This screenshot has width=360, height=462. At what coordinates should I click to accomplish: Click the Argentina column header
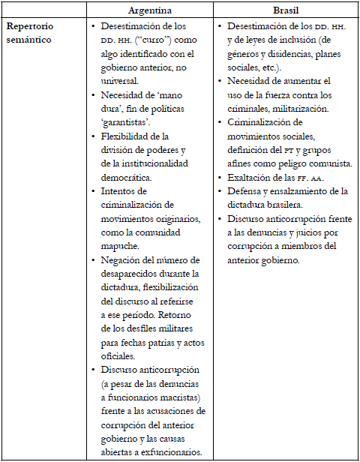point(150,11)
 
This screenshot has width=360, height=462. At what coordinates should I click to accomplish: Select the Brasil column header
point(286,11)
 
